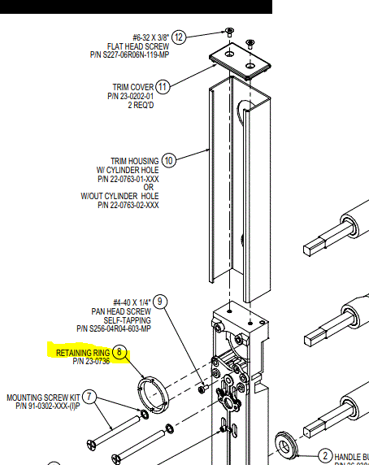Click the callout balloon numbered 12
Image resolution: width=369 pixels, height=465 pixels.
pos(180,37)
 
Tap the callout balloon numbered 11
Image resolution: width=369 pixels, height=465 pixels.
pos(163,86)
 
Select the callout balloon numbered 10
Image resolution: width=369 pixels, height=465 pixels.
pos(169,160)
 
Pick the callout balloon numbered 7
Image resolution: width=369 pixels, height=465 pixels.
pos(89,397)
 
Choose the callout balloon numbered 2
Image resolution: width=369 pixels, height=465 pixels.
pos(325,455)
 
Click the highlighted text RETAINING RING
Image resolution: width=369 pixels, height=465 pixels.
pos(83,353)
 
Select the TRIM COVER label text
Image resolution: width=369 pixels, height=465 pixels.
pos(133,87)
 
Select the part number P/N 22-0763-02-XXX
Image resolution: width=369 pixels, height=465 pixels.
pos(128,206)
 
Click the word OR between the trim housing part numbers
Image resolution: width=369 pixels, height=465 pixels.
pos(147,188)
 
